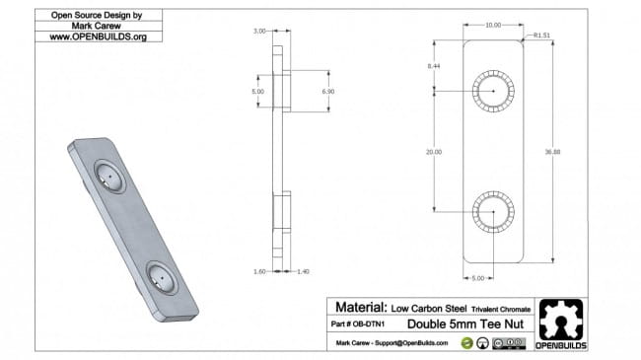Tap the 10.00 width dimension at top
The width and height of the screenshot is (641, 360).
493,25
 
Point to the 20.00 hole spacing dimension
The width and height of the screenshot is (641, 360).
435,152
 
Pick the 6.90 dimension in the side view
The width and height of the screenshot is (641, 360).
315,90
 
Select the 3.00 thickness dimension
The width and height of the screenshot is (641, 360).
258,32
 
